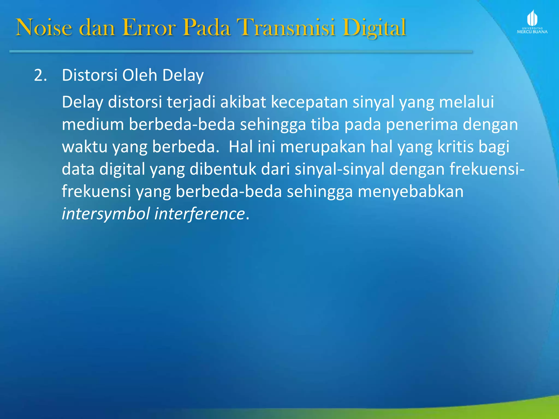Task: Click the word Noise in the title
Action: click(44, 28)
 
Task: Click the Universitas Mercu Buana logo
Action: click(532, 22)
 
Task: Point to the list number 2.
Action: click(40, 75)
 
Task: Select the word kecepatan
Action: click(309, 102)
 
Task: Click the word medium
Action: click(93, 125)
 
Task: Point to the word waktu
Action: click(85, 147)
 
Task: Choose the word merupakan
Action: click(323, 147)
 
